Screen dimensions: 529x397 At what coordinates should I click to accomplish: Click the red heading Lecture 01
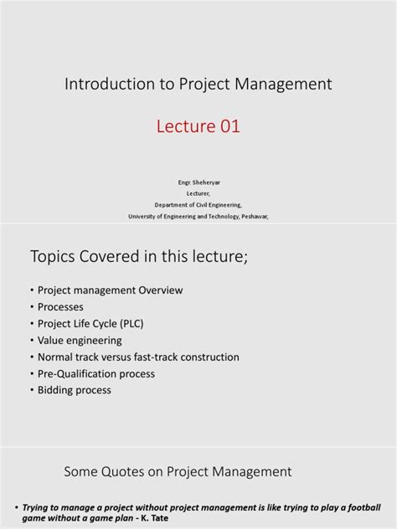coord(198,127)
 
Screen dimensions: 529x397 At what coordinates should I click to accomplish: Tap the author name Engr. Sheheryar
coord(198,181)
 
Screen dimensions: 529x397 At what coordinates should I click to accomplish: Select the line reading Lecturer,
coord(198,192)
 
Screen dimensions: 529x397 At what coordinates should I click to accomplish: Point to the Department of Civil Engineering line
coord(198,203)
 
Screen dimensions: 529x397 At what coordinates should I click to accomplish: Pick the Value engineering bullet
coord(80,341)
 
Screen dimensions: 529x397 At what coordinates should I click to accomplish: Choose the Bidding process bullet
coord(75,390)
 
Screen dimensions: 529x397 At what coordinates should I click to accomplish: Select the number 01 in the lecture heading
coord(231,127)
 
